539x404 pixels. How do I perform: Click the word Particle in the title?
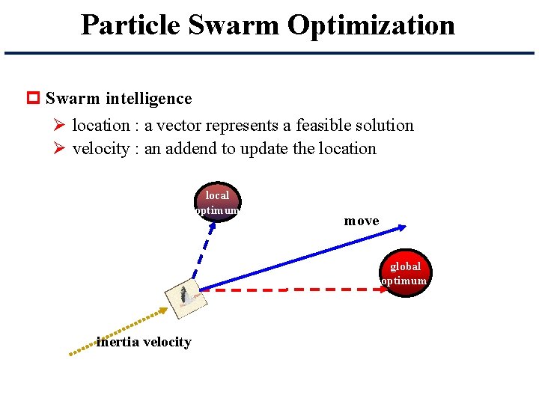130,25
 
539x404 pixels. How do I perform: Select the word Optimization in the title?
371,25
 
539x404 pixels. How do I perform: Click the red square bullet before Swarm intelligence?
33,99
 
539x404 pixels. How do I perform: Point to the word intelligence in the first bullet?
148,99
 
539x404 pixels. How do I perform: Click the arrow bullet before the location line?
61,125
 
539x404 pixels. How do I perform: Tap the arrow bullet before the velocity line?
61,148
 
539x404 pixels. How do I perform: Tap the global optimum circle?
405,273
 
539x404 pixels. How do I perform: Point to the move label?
362,221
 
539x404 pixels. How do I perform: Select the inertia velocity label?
144,342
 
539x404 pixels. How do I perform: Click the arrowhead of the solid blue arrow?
401,226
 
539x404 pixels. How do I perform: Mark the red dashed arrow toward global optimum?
299,289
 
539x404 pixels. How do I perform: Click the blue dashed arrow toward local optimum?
204,251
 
